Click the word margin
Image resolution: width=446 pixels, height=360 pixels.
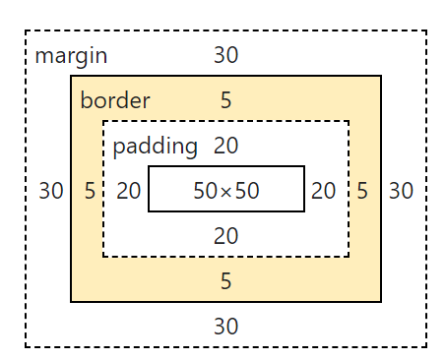tap(71, 55)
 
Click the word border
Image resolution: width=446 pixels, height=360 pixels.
tap(115, 100)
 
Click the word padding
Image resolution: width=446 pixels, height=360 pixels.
tap(156, 147)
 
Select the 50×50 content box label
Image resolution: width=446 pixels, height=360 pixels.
tap(226, 191)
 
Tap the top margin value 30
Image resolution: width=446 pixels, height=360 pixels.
tap(226, 55)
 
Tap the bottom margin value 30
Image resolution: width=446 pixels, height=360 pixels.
tap(226, 327)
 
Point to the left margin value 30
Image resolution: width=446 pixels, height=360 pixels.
tap(51, 191)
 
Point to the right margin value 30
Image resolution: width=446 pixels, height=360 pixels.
tap(401, 191)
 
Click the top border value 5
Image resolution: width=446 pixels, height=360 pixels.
tap(226, 100)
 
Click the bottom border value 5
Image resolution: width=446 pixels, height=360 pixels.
tap(226, 281)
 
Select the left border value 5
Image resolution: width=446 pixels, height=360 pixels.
tap(90, 191)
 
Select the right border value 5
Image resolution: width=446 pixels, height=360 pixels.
tap(362, 191)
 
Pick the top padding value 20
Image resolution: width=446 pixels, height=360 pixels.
tap(226, 147)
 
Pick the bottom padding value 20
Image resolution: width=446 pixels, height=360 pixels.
tap(226, 236)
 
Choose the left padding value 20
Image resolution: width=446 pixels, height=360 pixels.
tap(129, 191)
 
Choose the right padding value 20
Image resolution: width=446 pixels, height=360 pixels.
tap(324, 191)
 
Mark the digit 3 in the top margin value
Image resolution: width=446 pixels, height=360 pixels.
tap(220, 55)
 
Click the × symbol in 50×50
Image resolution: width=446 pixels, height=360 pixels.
tap(226, 192)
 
